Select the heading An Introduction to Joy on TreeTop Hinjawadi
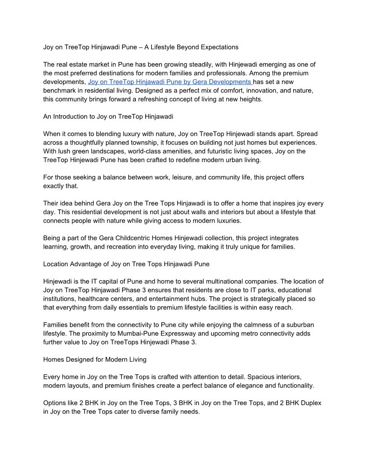point(108,116)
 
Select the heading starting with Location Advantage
point(126,264)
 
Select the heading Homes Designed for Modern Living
point(94,360)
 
